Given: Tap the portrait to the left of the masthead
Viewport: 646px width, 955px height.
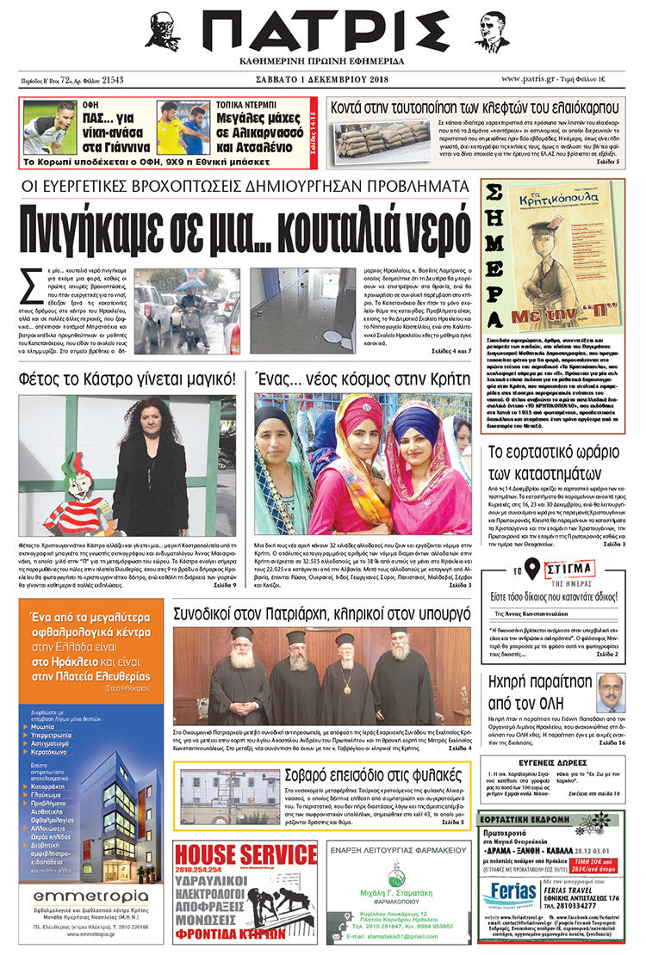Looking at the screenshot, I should click(x=162, y=32).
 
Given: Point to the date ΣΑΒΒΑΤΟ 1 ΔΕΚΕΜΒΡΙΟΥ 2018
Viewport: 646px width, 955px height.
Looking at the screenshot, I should click(x=322, y=80).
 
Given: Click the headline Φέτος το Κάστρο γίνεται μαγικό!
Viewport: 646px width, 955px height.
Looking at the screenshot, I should click(x=127, y=378).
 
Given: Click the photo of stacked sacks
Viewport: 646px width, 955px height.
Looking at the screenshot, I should click(x=376, y=140).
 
